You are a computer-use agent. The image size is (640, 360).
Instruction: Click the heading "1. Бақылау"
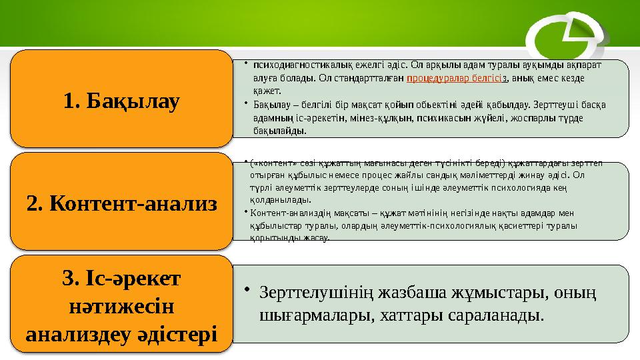pyautogui.click(x=122, y=101)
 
